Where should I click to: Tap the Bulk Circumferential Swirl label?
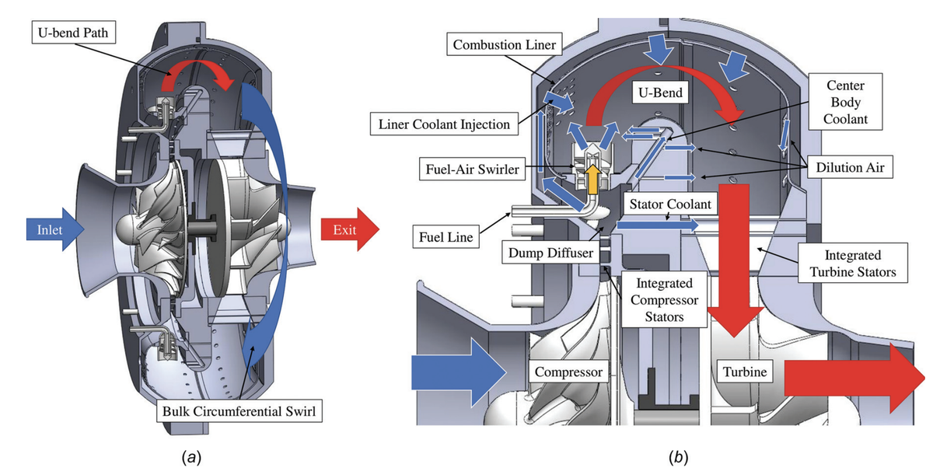(x=239, y=410)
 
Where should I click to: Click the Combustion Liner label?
(x=505, y=45)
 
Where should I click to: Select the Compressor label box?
(x=569, y=372)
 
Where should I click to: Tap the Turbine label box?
(x=745, y=372)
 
